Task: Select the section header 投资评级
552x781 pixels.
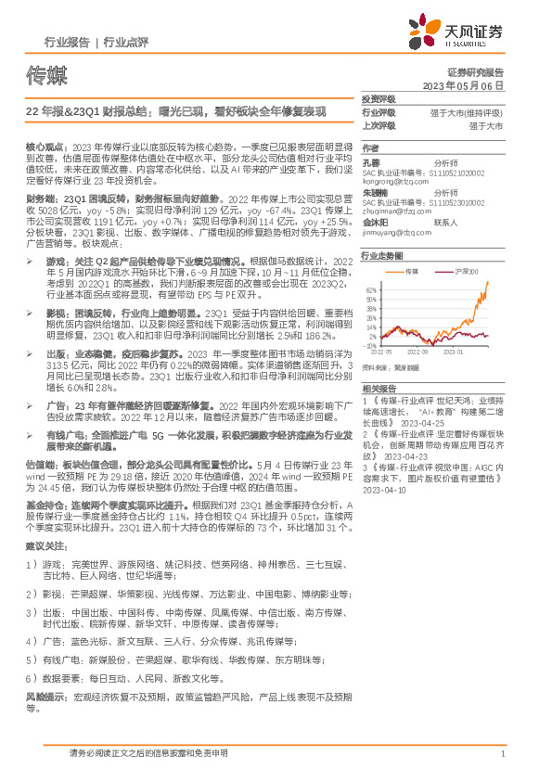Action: tap(379, 98)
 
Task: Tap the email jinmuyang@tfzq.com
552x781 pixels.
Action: tap(390, 233)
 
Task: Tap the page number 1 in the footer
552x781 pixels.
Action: tap(502, 754)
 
